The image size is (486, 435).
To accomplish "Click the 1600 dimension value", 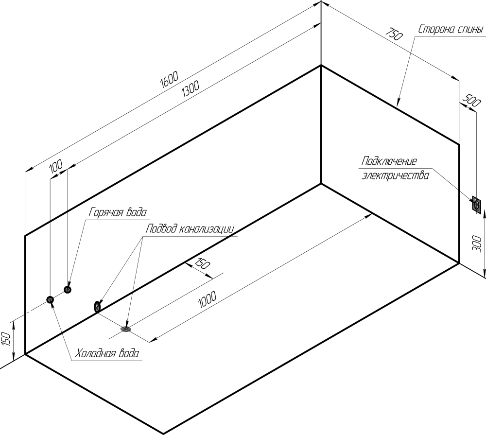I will click(x=170, y=81).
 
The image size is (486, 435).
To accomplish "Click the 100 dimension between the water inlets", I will click(x=56, y=167).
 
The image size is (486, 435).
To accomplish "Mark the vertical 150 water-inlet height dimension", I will click(x=6, y=339).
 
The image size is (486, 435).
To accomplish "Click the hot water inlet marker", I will click(x=68, y=290).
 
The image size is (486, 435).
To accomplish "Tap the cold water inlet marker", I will click(x=50, y=300).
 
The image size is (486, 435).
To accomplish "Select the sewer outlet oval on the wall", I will click(x=97, y=306).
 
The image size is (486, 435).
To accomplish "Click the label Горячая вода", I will click(x=118, y=212).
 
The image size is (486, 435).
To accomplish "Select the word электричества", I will click(x=395, y=175).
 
